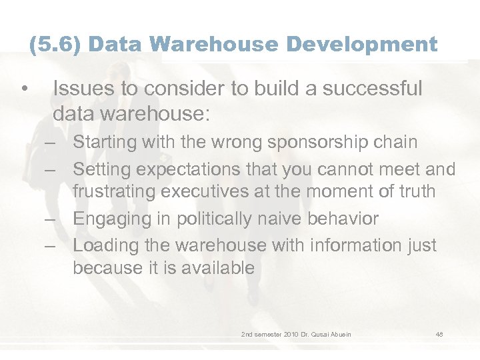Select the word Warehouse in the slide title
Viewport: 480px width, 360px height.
pos(216,45)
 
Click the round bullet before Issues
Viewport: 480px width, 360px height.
pos(23,89)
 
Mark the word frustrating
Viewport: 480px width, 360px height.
pos(119,192)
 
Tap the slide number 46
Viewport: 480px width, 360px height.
pos(439,333)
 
